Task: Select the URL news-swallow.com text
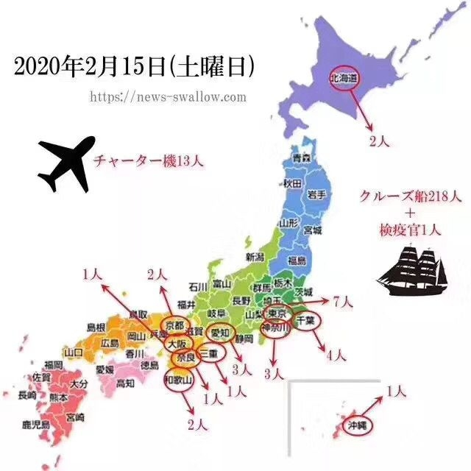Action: pyautogui.click(x=168, y=97)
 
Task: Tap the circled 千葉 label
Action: pyautogui.click(x=305, y=321)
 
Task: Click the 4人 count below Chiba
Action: pyautogui.click(x=336, y=355)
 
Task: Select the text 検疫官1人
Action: pyautogui.click(x=411, y=230)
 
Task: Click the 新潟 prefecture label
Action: pyautogui.click(x=255, y=258)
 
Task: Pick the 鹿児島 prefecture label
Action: pyautogui.click(x=35, y=425)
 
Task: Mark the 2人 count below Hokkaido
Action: pyautogui.click(x=378, y=141)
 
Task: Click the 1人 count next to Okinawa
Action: pyautogui.click(x=395, y=392)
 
